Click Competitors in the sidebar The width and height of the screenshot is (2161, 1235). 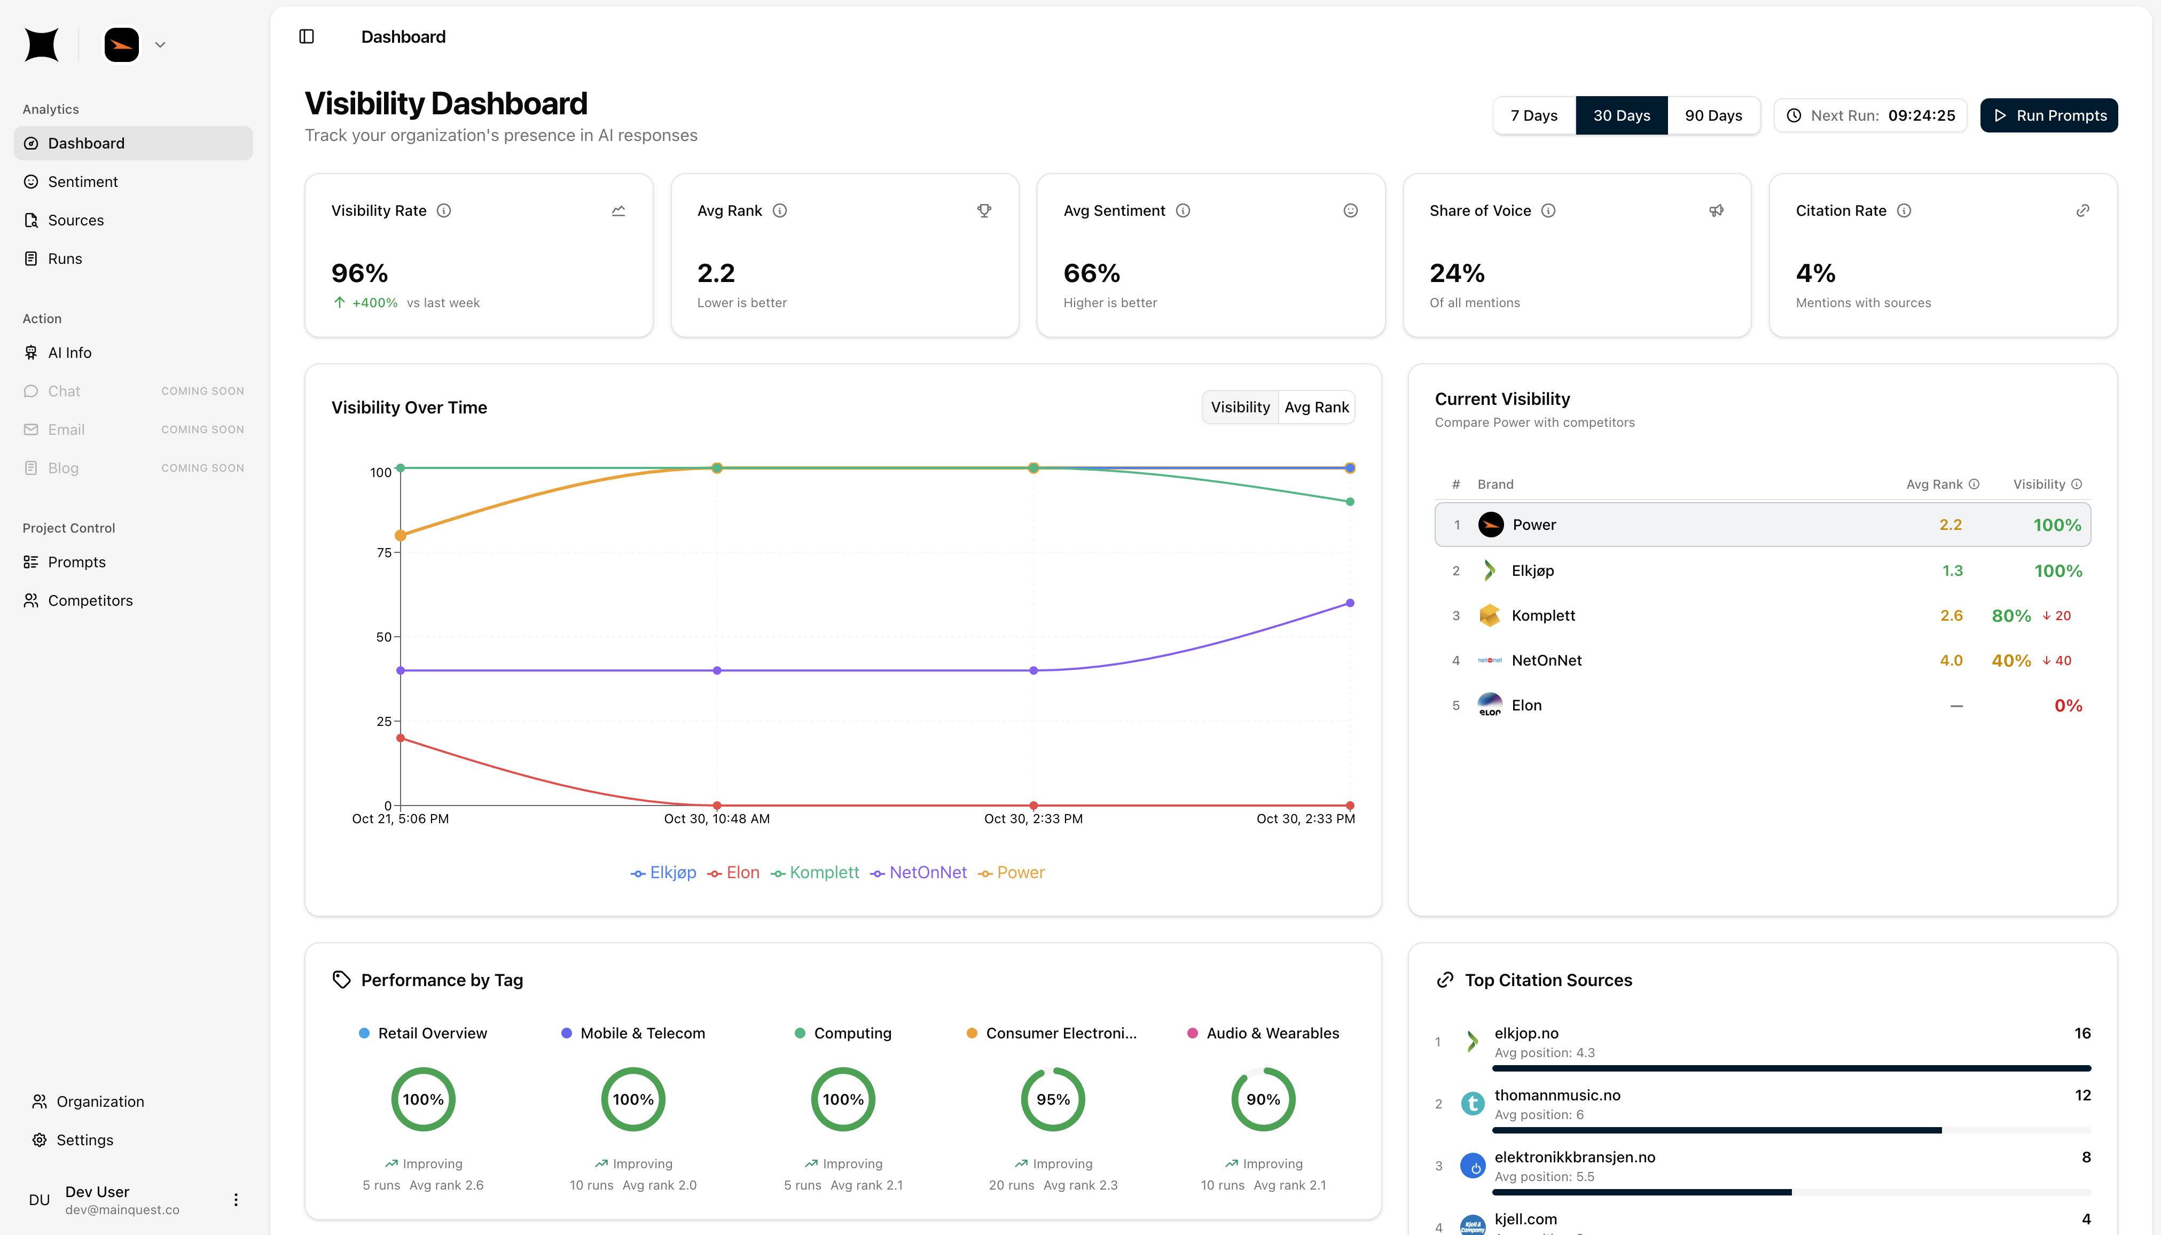90,600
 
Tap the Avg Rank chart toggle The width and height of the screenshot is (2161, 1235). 1316,407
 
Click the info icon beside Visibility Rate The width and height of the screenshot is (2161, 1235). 443,210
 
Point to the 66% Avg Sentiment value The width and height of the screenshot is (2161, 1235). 1092,273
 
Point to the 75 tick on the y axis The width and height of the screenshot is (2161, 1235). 384,552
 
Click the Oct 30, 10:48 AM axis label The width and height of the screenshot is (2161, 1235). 717,818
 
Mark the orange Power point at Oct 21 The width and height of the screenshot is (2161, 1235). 400,535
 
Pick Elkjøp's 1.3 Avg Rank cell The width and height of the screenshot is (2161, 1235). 1952,571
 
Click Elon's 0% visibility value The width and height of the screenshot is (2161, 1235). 2067,706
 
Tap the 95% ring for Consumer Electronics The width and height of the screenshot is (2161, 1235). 1053,1099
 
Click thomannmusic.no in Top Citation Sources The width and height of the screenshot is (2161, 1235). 1556,1095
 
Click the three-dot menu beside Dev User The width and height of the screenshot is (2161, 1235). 236,1199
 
